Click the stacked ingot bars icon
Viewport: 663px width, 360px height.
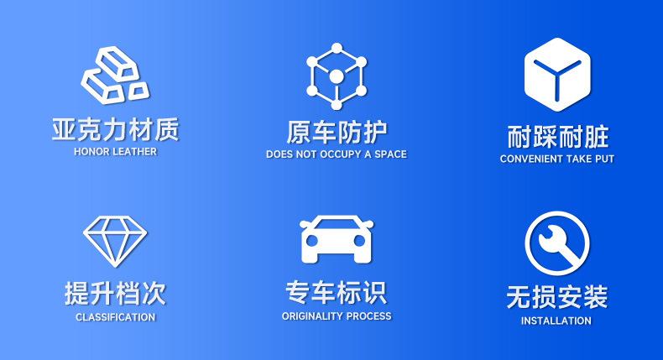115,75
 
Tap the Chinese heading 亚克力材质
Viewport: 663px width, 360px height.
116,129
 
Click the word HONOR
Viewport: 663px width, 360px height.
91,151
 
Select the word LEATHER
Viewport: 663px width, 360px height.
135,151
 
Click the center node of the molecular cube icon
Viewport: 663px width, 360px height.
337,77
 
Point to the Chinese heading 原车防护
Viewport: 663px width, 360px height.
337,133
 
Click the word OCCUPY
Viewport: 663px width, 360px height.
341,154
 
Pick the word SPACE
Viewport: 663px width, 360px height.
390,154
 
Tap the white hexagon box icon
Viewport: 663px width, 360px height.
557,75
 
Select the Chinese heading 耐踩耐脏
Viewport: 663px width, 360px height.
557,137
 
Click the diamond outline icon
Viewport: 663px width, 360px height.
115,241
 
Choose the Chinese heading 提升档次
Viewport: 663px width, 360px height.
115,293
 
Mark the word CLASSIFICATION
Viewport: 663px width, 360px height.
116,317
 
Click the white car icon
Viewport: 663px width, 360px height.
337,239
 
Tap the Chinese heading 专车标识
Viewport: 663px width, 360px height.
337,292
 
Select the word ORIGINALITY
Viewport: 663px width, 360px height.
312,316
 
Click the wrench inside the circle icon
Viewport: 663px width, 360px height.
557,243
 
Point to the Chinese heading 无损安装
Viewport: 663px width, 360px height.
557,297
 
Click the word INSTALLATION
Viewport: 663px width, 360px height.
556,321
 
